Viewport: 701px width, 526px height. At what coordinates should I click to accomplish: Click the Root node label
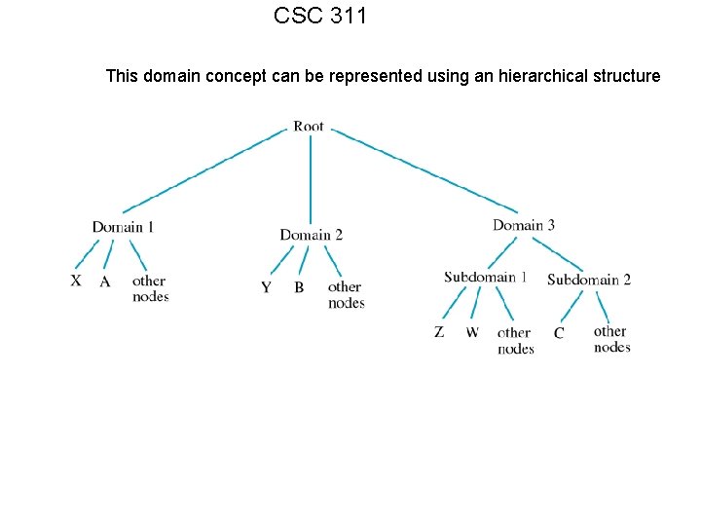click(309, 126)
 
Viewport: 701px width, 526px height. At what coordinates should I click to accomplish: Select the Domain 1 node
click(124, 227)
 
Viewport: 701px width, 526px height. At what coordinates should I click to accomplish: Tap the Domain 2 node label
click(311, 235)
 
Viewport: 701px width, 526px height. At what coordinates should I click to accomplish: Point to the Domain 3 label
click(524, 225)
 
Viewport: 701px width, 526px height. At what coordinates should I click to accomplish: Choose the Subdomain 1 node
click(485, 277)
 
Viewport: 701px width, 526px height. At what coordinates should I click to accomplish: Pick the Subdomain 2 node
click(589, 280)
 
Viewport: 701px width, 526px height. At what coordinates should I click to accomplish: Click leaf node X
click(76, 281)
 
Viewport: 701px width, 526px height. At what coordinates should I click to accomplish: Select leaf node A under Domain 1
click(105, 282)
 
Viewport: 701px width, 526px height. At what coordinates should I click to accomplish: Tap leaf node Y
click(266, 287)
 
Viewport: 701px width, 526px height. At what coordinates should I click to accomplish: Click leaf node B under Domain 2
click(299, 287)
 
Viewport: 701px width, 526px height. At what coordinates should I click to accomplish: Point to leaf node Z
click(439, 332)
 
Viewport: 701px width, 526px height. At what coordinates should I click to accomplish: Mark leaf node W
click(472, 332)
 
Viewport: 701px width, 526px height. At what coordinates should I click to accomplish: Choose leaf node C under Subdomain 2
click(559, 333)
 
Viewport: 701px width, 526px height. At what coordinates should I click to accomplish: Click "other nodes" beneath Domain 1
click(150, 288)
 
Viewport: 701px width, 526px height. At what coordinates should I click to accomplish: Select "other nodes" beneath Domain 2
click(346, 294)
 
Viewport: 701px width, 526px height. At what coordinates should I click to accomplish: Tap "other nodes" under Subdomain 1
click(515, 340)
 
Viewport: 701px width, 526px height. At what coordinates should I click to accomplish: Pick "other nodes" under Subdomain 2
click(611, 339)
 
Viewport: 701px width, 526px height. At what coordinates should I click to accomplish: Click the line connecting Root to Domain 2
click(311, 180)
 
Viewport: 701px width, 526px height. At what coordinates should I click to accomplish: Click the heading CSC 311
click(320, 17)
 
